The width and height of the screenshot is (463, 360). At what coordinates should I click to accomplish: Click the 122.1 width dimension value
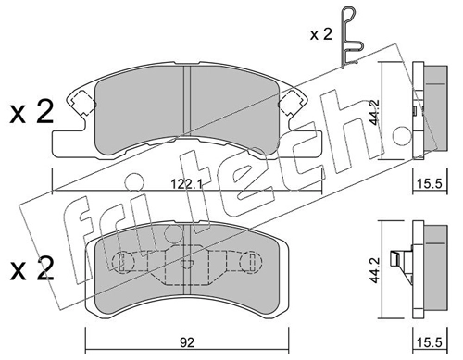[186, 184]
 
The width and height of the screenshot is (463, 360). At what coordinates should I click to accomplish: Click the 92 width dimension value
[186, 342]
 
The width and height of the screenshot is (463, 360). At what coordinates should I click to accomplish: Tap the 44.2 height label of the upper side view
[376, 112]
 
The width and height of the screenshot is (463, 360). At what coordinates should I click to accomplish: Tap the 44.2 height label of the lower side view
[375, 270]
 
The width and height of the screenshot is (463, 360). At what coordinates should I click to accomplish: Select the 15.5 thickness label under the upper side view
[430, 184]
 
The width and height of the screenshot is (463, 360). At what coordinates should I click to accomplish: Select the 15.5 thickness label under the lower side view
[430, 342]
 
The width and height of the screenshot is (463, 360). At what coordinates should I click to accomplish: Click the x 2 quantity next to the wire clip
[321, 34]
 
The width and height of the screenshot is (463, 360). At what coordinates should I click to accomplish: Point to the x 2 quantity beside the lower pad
[31, 268]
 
